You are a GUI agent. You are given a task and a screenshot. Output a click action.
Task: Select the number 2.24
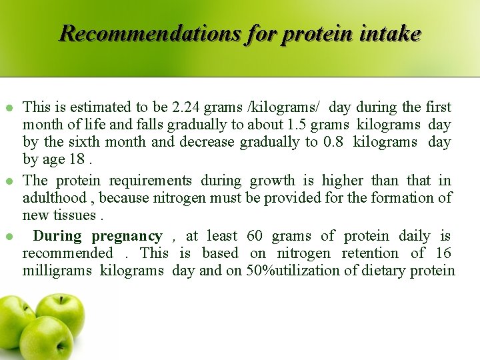coord(183,107)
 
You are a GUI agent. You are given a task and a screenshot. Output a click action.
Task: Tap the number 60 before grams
coord(255,236)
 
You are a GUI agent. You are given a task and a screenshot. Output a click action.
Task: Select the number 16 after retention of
coord(443,253)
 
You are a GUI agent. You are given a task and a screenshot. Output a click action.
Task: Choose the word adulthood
coord(52,198)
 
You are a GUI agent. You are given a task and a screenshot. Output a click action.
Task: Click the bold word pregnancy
coord(127,236)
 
